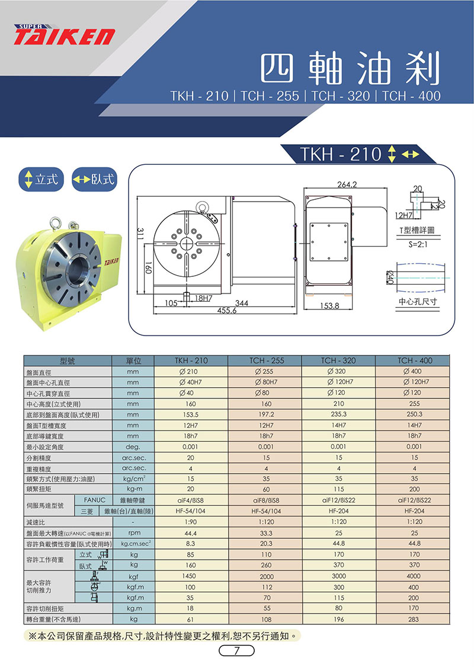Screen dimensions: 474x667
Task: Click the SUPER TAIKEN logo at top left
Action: [64, 34]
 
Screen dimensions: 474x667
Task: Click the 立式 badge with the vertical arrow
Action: [41, 179]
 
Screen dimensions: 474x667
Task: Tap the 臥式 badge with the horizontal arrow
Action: [94, 179]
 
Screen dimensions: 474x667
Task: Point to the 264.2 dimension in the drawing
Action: [347, 184]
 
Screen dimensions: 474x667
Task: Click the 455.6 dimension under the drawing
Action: [226, 311]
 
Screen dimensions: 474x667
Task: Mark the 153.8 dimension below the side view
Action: [329, 306]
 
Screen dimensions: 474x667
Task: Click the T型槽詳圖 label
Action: [417, 230]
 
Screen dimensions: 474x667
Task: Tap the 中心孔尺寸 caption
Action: [418, 302]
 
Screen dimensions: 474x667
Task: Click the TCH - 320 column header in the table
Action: [338, 360]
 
